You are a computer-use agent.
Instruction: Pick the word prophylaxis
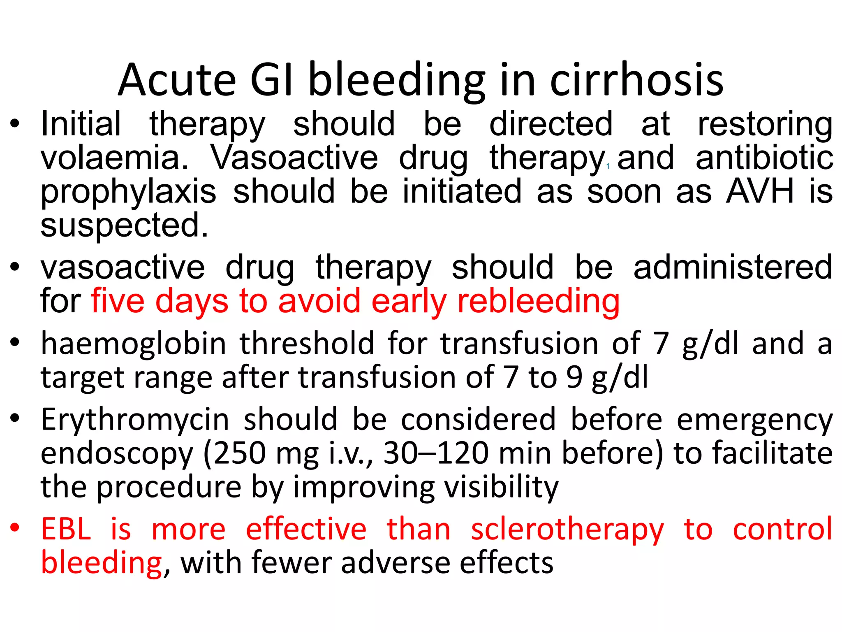(128, 193)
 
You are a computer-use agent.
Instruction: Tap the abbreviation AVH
(760, 192)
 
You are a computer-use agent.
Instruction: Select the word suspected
(124, 226)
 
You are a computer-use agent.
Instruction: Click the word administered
(733, 267)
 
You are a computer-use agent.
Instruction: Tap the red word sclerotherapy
(567, 530)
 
